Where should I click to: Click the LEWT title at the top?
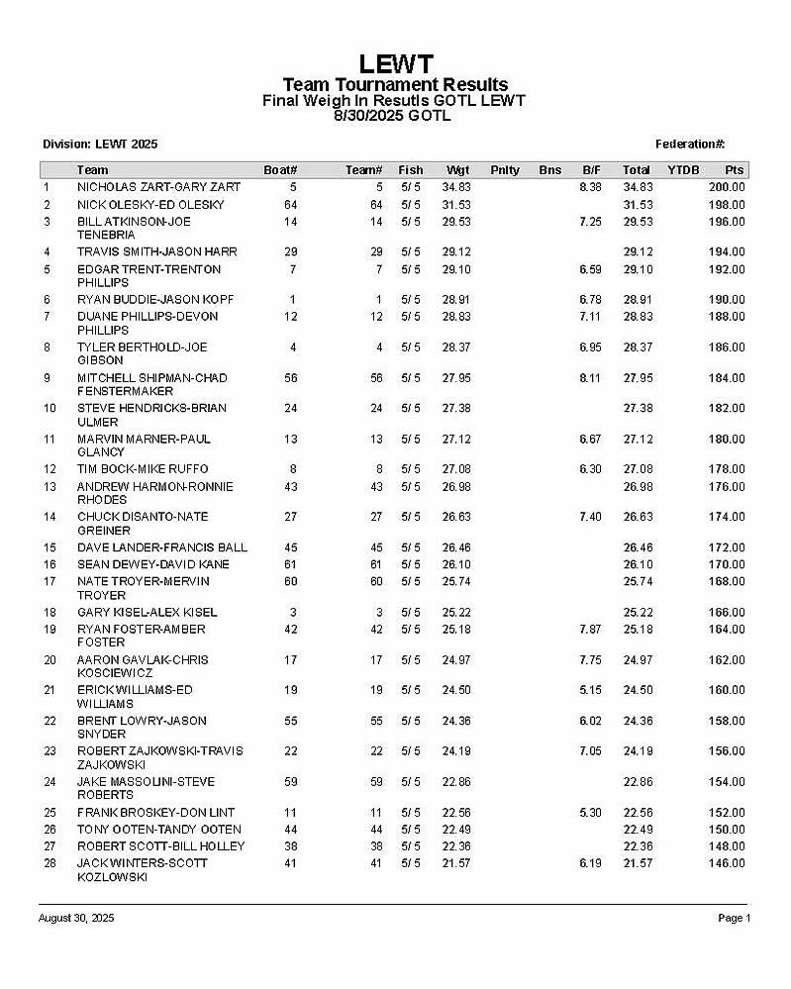(395, 64)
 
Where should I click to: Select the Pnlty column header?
(504, 170)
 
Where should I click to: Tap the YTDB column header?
(683, 170)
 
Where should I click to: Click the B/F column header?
(592, 170)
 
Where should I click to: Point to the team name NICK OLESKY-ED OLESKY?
(150, 205)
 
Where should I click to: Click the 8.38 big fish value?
(590, 187)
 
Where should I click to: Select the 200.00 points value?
(727, 187)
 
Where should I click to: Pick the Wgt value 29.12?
(455, 252)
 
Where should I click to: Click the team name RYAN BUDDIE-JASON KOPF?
(154, 300)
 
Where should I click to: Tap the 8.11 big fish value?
(590, 377)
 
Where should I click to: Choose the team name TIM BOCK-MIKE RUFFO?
(143, 469)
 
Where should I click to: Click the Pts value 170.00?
(727, 564)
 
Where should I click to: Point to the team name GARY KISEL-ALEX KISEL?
(147, 613)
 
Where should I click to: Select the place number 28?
(47, 863)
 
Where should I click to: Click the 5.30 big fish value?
(590, 813)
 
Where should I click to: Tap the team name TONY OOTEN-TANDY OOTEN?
(158, 830)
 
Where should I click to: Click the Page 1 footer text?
(734, 919)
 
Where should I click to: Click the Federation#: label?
(690, 145)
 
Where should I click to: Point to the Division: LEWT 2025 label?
(100, 145)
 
